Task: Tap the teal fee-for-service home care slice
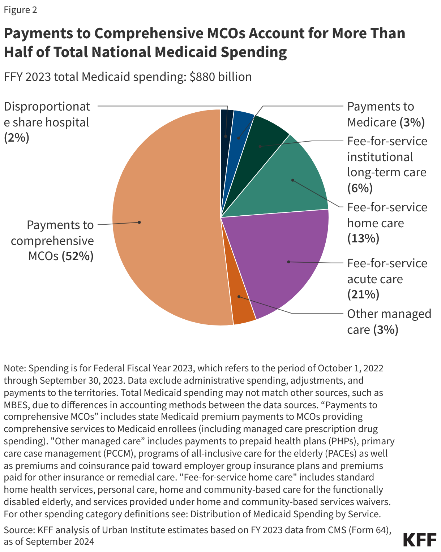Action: pyautogui.click(x=296, y=181)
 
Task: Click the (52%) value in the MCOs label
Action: pyautogui.click(x=77, y=256)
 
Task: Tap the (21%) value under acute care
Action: pyautogui.click(x=363, y=294)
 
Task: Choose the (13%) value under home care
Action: pyautogui.click(x=363, y=238)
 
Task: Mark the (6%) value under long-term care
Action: pyautogui.click(x=360, y=188)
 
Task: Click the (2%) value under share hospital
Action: pyautogui.click(x=17, y=138)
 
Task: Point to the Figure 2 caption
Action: pyautogui.click(x=20, y=10)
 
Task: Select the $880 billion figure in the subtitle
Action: pyautogui.click(x=220, y=77)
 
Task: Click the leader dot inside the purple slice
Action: pyautogui.click(x=288, y=262)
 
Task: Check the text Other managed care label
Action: pyautogui.click(x=389, y=322)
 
